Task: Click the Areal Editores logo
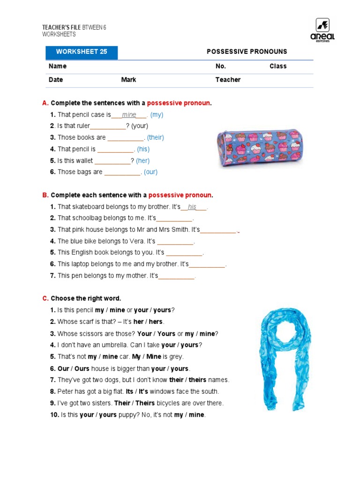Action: [x=322, y=30]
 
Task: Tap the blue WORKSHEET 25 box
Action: [x=82, y=52]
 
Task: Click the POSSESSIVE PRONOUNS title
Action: [x=247, y=52]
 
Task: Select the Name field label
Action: [x=58, y=66]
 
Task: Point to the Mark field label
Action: [x=128, y=80]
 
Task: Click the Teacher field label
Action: [x=228, y=80]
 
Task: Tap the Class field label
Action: [x=277, y=66]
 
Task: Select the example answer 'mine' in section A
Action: [x=129, y=115]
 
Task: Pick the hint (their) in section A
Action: [x=155, y=138]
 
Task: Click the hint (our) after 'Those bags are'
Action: [x=150, y=172]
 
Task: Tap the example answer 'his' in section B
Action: [x=192, y=207]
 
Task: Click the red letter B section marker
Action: [x=45, y=195]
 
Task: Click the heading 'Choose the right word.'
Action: [x=86, y=299]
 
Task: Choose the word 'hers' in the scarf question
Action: [x=156, y=322]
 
